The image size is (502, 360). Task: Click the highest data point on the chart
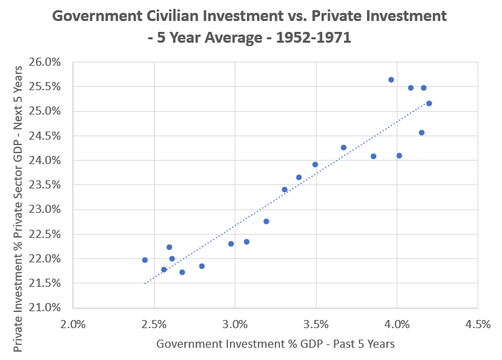[391, 79]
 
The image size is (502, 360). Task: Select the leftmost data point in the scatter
[144, 260]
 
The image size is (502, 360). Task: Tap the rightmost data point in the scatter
[429, 103]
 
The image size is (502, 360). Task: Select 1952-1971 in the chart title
[308, 37]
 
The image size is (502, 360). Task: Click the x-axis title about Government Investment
[275, 344]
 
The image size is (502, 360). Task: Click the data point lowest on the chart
[182, 272]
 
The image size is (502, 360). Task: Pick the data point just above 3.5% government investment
[315, 164]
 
